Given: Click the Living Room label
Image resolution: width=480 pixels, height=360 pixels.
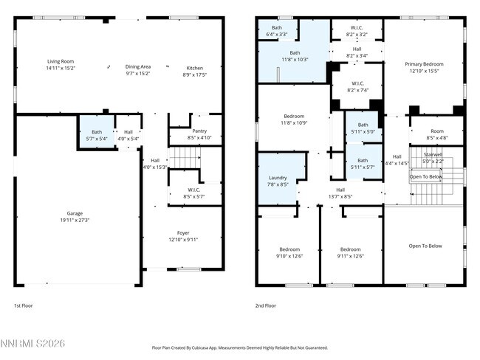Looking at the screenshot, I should (x=61, y=65).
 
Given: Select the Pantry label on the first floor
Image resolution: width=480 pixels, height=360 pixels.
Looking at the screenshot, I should (x=199, y=134).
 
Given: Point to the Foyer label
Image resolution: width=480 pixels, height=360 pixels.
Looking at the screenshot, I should (x=182, y=236).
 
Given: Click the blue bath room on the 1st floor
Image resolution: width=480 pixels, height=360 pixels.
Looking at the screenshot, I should (x=97, y=135).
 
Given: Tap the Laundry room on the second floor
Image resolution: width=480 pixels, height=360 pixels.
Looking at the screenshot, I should (x=278, y=181).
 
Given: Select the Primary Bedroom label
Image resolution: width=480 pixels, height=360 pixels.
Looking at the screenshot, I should (x=423, y=68).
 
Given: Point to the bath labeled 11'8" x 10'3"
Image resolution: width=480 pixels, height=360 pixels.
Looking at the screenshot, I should (x=295, y=56).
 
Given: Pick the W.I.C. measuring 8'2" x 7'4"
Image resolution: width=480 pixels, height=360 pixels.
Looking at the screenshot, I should (x=357, y=87).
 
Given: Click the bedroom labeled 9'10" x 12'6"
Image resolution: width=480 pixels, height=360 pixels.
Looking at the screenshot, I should (x=289, y=252).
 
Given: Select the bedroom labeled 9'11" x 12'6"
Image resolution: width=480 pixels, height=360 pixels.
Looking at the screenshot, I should (x=350, y=252).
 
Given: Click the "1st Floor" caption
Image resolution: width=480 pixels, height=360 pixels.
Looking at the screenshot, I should (x=24, y=305).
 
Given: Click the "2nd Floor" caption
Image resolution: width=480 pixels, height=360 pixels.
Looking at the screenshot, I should (x=265, y=305).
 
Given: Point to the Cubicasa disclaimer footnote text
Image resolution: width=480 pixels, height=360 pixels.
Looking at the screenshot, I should (x=239, y=347).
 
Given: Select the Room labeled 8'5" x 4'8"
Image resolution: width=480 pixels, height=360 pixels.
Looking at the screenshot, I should (x=437, y=134).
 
